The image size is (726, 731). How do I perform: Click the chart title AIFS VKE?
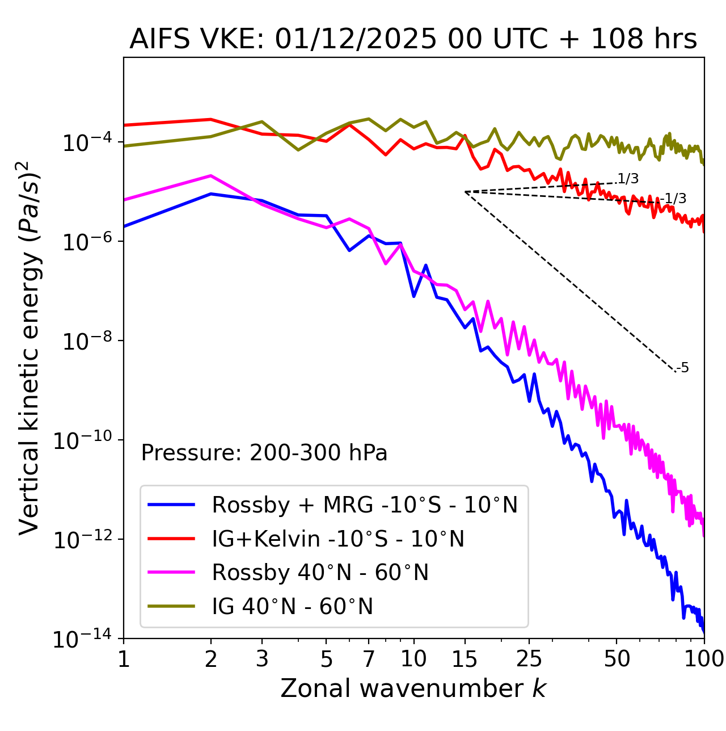tap(413, 40)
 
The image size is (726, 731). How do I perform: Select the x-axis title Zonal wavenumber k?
tap(413, 688)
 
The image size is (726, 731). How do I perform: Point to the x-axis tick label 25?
tap(529, 659)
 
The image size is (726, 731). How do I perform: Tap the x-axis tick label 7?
tap(369, 659)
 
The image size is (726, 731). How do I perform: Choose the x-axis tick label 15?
tap(465, 659)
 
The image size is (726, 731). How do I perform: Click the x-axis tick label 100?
tap(703, 659)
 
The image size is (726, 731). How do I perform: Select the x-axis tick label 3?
tap(262, 659)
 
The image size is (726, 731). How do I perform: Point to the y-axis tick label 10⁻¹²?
tap(83, 540)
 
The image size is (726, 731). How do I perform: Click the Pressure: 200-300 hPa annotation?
tap(264, 453)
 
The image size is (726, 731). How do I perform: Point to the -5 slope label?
tap(683, 368)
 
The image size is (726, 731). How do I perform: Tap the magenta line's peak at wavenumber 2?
tap(211, 175)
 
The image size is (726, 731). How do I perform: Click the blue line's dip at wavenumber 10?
tap(414, 296)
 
